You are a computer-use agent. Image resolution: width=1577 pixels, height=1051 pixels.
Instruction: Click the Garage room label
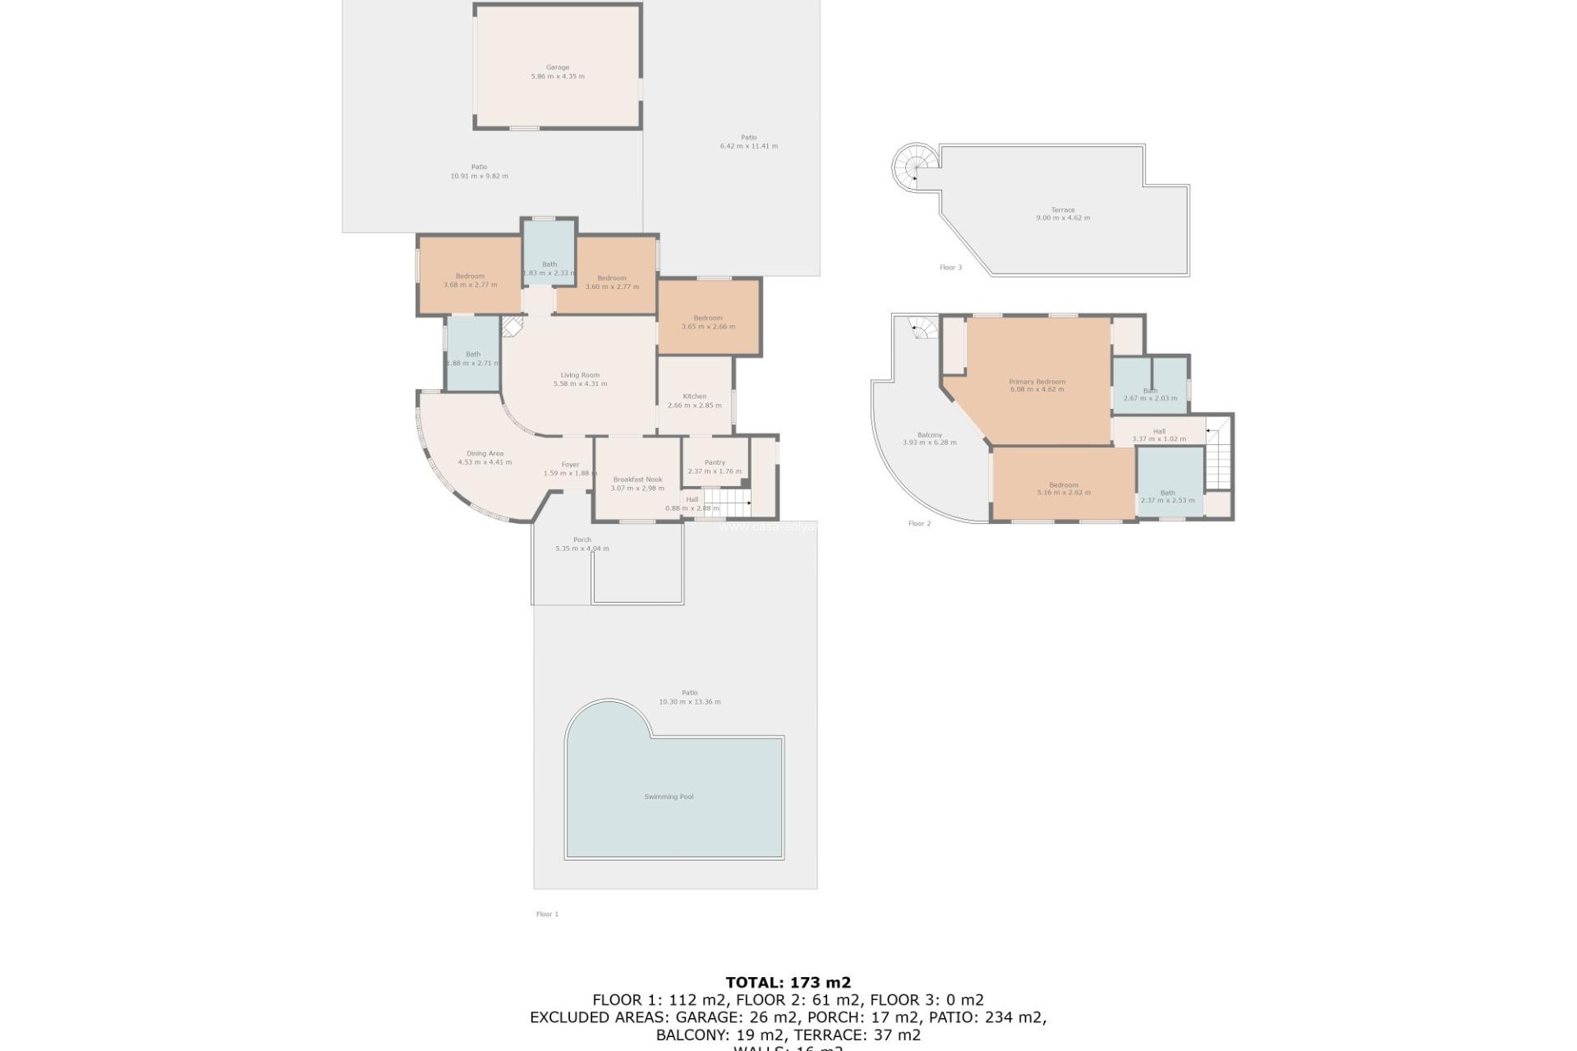click(x=558, y=68)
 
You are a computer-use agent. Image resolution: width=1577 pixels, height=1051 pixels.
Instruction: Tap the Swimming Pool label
click(x=669, y=796)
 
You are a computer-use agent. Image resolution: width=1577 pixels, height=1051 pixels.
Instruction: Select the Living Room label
click(x=580, y=375)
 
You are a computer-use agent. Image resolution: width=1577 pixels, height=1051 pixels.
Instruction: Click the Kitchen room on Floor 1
click(x=695, y=397)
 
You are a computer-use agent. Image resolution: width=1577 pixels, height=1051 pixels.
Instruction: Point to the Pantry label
click(x=715, y=462)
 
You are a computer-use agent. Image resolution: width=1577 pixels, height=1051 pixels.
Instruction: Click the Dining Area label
click(x=485, y=453)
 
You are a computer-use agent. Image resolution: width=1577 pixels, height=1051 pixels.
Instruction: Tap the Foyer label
click(x=570, y=465)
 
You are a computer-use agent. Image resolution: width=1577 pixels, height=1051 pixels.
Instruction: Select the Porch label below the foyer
click(x=582, y=539)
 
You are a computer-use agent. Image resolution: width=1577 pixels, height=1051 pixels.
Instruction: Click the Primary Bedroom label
click(x=1037, y=382)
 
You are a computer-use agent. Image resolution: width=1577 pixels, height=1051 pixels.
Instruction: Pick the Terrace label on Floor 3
click(x=1063, y=209)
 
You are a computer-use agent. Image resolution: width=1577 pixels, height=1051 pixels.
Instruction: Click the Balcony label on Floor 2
click(x=929, y=435)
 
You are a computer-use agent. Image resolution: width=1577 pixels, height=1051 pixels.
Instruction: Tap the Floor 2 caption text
click(x=919, y=523)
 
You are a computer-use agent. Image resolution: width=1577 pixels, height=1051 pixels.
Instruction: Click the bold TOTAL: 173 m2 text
click(x=788, y=982)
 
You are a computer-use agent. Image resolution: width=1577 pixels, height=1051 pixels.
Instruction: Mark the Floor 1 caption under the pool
click(x=547, y=914)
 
